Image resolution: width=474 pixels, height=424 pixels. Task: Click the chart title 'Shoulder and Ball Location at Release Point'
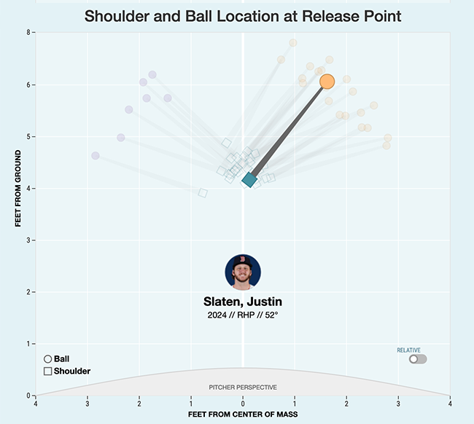[243, 15]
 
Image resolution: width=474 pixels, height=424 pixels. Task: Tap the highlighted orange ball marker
[327, 82]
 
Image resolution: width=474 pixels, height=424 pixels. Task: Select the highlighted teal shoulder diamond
[249, 179]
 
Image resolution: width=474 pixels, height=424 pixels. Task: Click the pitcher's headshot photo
[243, 272]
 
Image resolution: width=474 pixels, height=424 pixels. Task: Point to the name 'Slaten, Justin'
[243, 302]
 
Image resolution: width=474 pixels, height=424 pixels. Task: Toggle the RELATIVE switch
[417, 359]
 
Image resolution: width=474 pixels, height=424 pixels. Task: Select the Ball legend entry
[58, 358]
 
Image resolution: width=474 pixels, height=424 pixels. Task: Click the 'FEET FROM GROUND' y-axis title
[19, 189]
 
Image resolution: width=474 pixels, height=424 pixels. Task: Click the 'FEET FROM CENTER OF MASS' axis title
[242, 415]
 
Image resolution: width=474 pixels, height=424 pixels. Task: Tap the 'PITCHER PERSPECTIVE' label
[243, 387]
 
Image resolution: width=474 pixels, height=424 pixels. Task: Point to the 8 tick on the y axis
[28, 33]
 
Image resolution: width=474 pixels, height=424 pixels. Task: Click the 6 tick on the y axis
[28, 85]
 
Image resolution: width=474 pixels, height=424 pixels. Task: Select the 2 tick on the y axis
[28, 292]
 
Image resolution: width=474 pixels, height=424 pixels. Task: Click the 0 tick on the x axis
[243, 402]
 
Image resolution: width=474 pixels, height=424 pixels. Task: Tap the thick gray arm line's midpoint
[288, 130]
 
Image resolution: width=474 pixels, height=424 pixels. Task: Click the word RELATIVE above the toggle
[408, 350]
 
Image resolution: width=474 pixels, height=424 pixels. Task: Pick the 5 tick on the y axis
[28, 136]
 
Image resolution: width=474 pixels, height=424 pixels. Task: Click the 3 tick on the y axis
[28, 240]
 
